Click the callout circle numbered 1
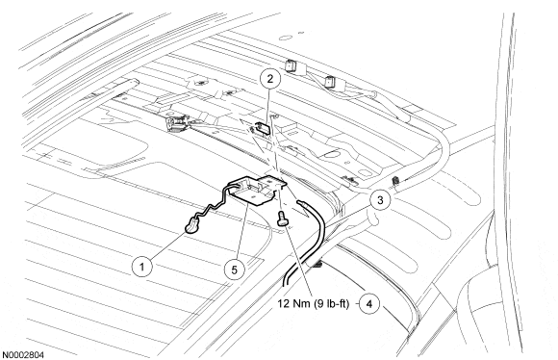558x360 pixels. tap(142, 267)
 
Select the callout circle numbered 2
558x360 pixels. tap(270, 79)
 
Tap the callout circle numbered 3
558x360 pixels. tap(380, 200)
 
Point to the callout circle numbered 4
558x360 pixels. tap(369, 304)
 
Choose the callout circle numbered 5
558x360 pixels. tap(234, 270)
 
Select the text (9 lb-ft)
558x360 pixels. tap(332, 304)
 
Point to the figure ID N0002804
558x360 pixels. tap(23, 355)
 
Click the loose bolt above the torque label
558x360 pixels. tap(283, 218)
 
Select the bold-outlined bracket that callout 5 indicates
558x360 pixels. tap(257, 191)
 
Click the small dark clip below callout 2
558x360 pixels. tap(263, 128)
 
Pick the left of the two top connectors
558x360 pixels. tap(292, 65)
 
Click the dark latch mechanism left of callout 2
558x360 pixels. tap(176, 123)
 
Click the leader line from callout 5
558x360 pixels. tap(241, 231)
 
